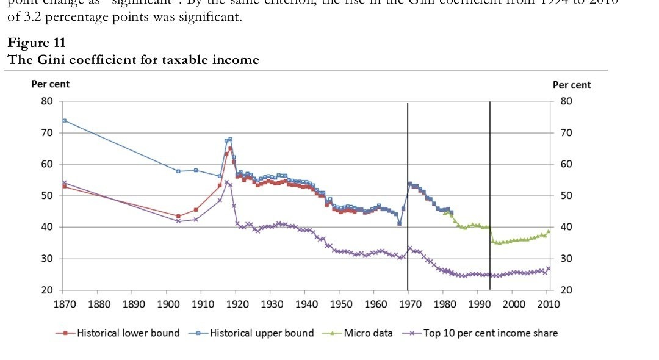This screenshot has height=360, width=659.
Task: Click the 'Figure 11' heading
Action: (x=37, y=43)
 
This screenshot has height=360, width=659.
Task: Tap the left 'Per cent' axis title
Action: (x=51, y=84)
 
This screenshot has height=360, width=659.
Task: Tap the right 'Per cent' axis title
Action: (x=572, y=85)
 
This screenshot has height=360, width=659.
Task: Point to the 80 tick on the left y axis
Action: (x=47, y=101)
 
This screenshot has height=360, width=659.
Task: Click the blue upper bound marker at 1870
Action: (x=65, y=121)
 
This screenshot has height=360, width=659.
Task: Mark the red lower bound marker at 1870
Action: (x=65, y=186)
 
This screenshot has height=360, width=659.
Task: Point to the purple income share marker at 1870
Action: (x=65, y=182)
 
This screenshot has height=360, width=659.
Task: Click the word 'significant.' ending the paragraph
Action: (x=214, y=16)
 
